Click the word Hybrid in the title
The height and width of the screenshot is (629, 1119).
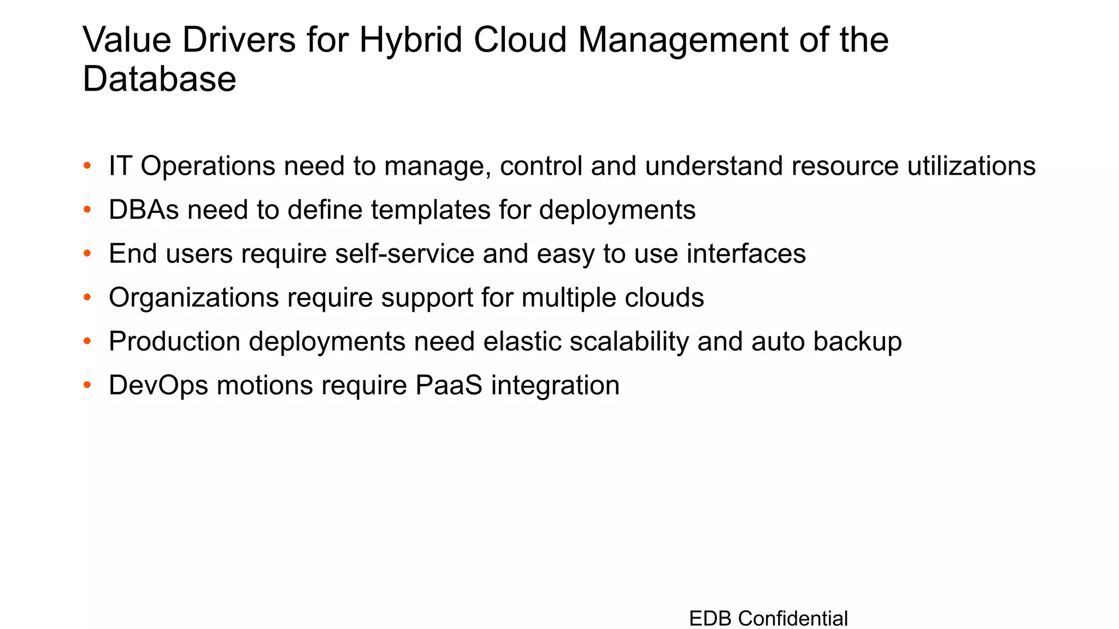point(410,40)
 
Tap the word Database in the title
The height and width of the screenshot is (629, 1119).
point(159,79)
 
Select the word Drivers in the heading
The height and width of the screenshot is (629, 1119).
point(239,40)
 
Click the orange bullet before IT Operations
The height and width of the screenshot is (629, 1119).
point(87,165)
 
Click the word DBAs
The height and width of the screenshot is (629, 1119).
point(144,210)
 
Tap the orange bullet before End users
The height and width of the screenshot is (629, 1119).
point(87,253)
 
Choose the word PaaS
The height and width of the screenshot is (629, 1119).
point(449,385)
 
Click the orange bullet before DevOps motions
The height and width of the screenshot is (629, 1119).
point(87,385)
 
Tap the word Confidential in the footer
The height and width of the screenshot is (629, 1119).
point(793,619)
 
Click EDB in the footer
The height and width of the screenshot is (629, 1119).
point(710,619)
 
